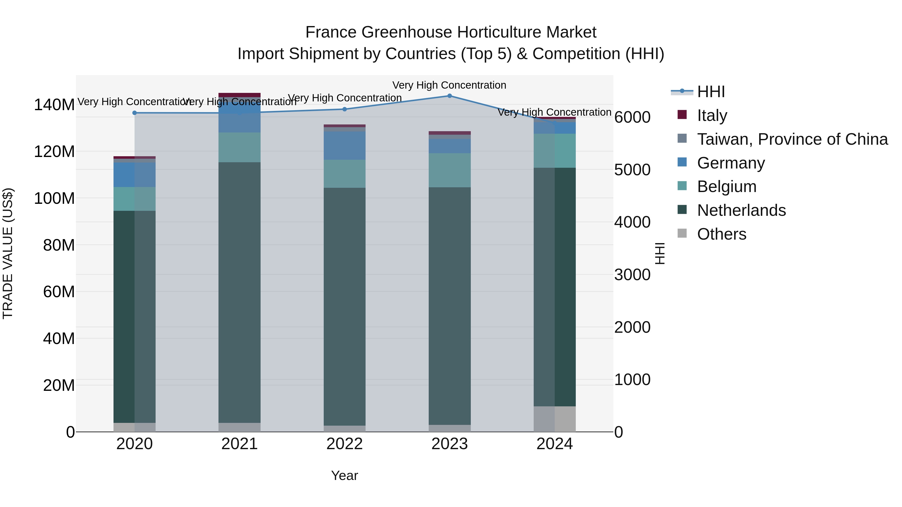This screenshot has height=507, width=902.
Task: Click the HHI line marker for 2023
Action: (449, 96)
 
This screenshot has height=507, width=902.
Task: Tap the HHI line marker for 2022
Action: (345, 109)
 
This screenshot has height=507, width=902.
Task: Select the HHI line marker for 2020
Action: (135, 113)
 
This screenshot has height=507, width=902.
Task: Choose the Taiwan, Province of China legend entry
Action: (792, 139)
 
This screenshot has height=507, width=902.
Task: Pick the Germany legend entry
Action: (731, 163)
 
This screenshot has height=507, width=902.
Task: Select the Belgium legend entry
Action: (727, 187)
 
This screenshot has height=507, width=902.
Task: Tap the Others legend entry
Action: (721, 234)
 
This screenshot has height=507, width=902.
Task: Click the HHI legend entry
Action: (711, 92)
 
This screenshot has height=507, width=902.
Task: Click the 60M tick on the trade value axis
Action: (59, 292)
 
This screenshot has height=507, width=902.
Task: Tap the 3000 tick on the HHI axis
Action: (632, 275)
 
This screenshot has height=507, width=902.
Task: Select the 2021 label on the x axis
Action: (240, 444)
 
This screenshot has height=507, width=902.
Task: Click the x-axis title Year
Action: (345, 475)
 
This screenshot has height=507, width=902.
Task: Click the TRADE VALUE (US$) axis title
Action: (8, 253)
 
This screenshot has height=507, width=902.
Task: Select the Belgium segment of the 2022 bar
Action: (345, 174)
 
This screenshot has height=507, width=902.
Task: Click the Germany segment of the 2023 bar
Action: (449, 146)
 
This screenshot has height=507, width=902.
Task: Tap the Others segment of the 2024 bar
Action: (555, 419)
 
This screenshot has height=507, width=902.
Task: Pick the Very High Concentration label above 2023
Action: (449, 85)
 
